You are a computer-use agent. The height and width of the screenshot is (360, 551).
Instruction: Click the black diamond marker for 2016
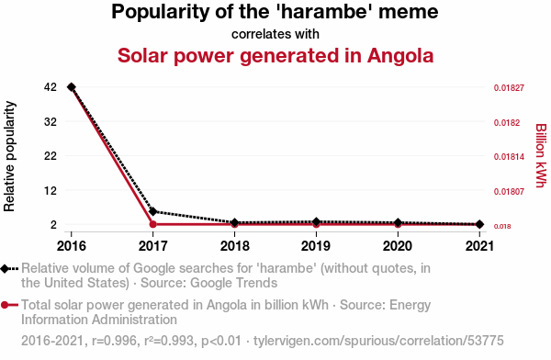72,87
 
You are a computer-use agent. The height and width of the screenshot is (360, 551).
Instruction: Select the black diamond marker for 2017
152,211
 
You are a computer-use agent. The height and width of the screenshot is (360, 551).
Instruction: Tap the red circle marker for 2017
152,224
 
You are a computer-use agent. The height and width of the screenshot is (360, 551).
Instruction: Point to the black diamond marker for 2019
316,222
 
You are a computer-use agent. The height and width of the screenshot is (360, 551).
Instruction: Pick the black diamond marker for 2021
479,224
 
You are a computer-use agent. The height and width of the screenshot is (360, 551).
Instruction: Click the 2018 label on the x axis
235,246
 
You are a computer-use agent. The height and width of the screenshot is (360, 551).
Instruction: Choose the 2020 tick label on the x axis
398,246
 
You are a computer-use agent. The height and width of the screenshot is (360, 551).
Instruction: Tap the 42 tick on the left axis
51,87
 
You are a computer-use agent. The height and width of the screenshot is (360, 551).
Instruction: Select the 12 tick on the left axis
51,190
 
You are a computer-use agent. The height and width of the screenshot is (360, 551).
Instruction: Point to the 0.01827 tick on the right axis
509,88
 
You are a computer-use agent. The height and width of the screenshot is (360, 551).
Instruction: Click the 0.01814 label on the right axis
509,157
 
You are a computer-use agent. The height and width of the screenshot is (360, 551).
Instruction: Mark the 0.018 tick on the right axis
502,227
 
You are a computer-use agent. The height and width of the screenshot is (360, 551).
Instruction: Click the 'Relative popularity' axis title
9,156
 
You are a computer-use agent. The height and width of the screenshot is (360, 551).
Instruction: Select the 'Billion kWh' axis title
541,155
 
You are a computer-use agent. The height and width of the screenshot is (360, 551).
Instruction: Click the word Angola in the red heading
400,55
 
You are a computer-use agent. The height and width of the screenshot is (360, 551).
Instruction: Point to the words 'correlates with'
275,34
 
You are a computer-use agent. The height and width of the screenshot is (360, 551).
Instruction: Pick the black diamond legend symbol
5,269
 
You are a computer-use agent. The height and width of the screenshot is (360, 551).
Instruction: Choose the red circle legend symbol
5,305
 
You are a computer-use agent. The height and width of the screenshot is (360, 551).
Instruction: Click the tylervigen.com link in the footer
378,341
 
